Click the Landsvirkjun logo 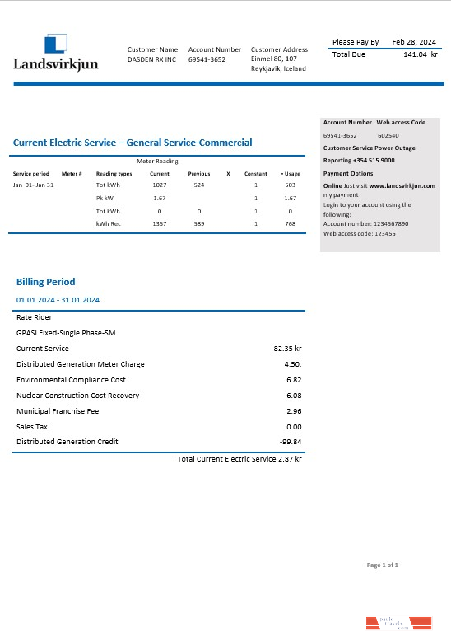55,53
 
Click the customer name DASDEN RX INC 151,59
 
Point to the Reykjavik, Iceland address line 278,68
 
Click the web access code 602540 388,135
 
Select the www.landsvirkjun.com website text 402,186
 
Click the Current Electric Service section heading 133,143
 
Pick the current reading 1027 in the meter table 160,185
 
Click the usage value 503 290,185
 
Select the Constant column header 256,174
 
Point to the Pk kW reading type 105,199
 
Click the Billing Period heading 46,282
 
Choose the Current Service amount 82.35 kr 287,349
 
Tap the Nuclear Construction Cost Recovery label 77,396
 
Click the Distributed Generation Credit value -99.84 291,442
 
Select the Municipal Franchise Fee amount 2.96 294,411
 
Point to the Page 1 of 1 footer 382,565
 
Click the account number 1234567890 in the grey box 378,223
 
